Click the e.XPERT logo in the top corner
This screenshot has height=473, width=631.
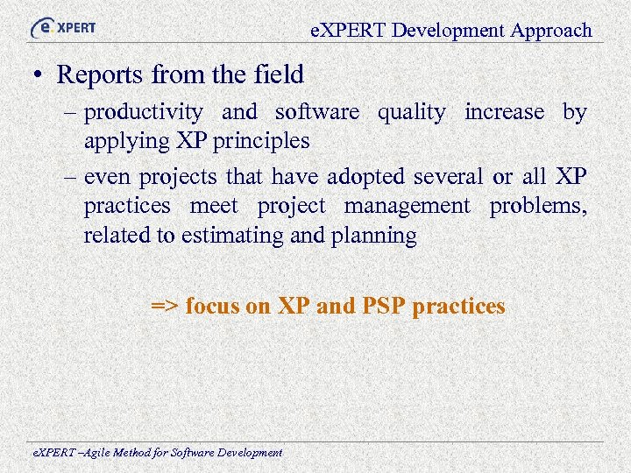[63, 27]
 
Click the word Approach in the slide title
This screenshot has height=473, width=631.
[552, 30]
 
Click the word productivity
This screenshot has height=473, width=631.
[144, 112]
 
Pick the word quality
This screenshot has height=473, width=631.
[411, 112]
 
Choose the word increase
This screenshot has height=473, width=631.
[504, 112]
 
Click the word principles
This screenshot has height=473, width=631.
[261, 141]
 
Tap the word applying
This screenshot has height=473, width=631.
[124, 141]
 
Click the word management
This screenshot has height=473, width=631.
[407, 206]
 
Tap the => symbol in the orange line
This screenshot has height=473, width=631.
[164, 306]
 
